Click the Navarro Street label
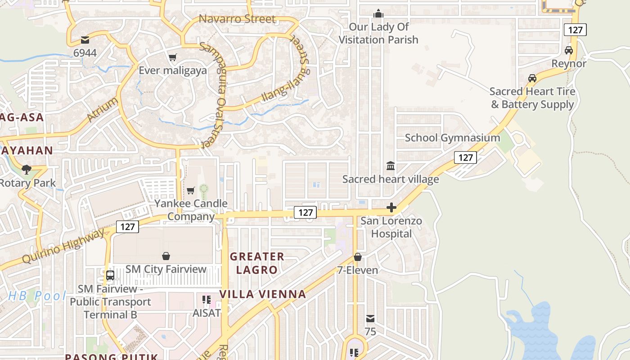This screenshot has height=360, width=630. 237,19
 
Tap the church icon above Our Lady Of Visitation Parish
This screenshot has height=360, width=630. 378,13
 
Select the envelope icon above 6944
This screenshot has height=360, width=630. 85,40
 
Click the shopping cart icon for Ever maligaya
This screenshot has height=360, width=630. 172,57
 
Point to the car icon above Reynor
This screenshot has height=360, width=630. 569,50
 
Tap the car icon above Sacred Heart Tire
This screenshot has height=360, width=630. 532,78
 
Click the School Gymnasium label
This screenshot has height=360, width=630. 452,138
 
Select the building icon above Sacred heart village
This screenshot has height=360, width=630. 391,166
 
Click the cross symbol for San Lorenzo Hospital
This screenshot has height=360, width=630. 391,207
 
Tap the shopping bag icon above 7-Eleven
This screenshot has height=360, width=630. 358,257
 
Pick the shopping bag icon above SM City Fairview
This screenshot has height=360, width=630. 166,256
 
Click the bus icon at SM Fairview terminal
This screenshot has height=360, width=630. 110,275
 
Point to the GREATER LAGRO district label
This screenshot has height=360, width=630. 257,263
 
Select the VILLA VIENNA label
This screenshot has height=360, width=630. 263,294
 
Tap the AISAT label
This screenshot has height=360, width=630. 207,312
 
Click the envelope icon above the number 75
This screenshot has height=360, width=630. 370,319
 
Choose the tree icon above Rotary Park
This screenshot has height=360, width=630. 27,170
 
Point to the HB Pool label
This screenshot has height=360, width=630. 37,296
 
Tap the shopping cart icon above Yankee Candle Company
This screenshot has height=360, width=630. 190,190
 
